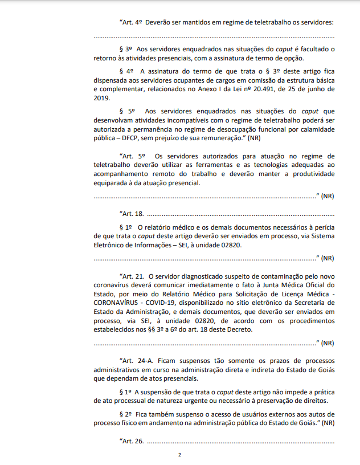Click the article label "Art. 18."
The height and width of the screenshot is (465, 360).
(x=132, y=213)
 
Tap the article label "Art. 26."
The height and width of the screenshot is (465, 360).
(x=132, y=441)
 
